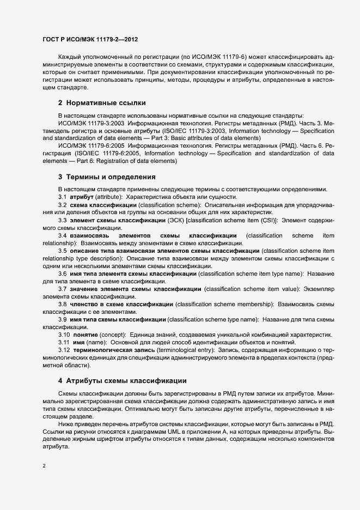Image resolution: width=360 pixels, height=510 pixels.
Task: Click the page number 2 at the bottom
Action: [44, 465]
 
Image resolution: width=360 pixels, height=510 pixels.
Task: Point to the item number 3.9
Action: [63, 318]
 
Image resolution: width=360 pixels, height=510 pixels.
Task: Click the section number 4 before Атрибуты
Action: [60, 380]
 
